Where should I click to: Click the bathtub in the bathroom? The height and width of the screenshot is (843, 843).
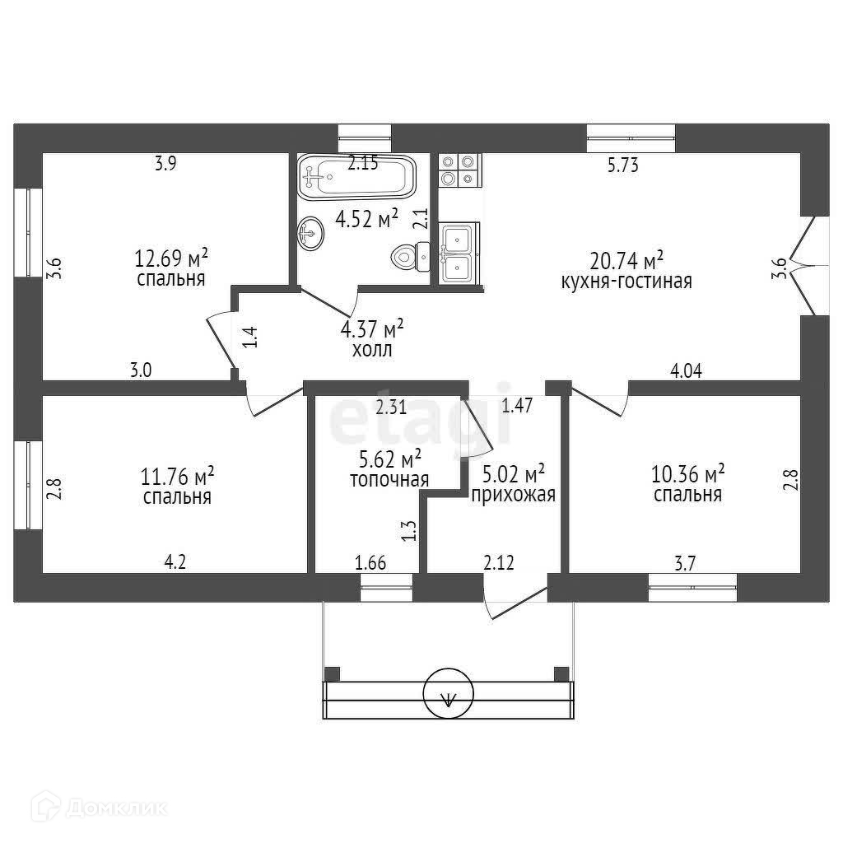pyautogui.click(x=357, y=177)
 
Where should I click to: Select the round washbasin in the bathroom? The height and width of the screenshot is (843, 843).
pyautogui.click(x=310, y=232)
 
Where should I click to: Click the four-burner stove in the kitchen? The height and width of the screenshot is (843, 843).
pyautogui.click(x=459, y=170)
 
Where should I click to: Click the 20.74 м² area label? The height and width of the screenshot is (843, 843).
pyautogui.click(x=626, y=261)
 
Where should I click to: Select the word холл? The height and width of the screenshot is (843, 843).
pyautogui.click(x=372, y=349)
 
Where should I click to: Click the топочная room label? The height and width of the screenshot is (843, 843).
pyautogui.click(x=389, y=479)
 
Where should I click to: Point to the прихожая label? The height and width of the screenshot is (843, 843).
pyautogui.click(x=512, y=495)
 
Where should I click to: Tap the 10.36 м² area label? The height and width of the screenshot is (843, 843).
pyautogui.click(x=688, y=473)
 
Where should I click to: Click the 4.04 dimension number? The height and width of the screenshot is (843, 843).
pyautogui.click(x=686, y=371)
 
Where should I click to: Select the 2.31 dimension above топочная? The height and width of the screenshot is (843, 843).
pyautogui.click(x=391, y=405)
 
